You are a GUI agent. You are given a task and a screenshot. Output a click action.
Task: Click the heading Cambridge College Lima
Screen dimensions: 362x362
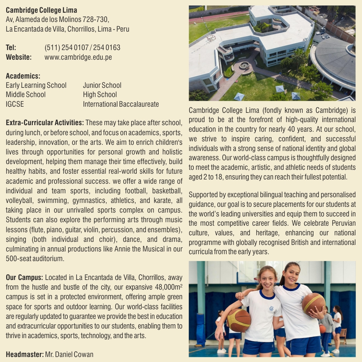pyautogui.click(x=41, y=10)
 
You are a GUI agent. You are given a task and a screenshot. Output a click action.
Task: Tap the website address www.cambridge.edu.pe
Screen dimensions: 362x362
pyautogui.click(x=78, y=57)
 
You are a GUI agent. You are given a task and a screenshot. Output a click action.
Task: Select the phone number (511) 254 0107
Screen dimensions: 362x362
pyautogui.click(x=66, y=48)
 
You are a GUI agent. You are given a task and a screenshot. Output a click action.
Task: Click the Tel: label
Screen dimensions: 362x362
pyautogui.click(x=11, y=48)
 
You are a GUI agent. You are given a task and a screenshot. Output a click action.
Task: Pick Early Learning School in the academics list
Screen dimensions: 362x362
pyautogui.click(x=36, y=85)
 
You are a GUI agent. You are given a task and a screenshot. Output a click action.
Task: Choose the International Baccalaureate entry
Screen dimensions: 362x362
pyautogui.click(x=121, y=104)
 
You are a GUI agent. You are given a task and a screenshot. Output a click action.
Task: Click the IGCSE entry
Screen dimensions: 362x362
pyautogui.click(x=15, y=104)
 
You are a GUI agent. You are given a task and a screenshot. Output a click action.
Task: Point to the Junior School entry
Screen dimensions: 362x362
pyautogui.click(x=102, y=85)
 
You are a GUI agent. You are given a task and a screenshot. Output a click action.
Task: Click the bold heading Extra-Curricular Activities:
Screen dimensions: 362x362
pyautogui.click(x=45, y=123)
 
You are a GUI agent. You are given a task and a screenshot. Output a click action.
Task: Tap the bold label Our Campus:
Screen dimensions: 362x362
pyautogui.click(x=24, y=277)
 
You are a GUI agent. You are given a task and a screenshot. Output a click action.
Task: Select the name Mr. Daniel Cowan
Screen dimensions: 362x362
pyautogui.click(x=69, y=354)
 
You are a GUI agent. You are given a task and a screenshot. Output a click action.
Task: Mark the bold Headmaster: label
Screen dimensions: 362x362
pyautogui.click(x=24, y=354)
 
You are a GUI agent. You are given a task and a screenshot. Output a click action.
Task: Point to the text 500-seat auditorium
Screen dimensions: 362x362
pyautogui.click(x=35, y=259)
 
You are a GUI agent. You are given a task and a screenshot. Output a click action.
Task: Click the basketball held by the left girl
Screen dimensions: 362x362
pyautogui.click(x=239, y=320)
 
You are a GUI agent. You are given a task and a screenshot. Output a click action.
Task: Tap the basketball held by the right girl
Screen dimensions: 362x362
pyautogui.click(x=313, y=303)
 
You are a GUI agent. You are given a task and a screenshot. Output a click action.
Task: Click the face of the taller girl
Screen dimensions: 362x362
pyautogui.click(x=290, y=276)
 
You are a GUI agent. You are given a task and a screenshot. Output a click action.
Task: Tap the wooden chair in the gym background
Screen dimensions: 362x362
pyautogui.click(x=343, y=334)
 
